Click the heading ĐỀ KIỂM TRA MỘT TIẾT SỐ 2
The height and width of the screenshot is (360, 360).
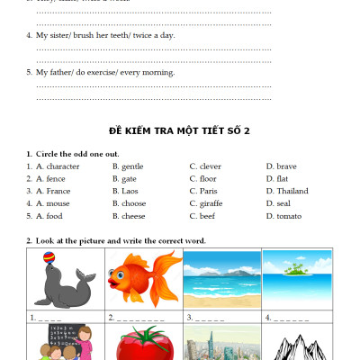[x=180, y=130]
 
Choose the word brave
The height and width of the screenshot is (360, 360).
[x=286, y=166]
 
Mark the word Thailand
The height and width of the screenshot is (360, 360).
[x=292, y=191]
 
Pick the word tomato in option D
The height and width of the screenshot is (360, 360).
[x=289, y=216]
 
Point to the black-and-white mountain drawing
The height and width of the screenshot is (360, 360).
[x=296, y=346]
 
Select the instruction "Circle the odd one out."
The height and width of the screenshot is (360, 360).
[x=77, y=154]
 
